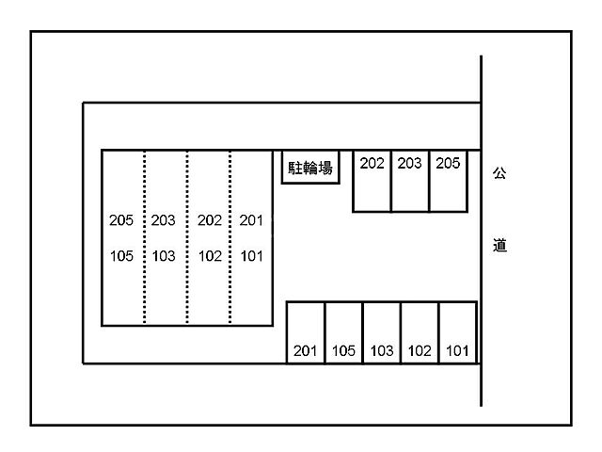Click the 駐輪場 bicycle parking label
click(x=310, y=169)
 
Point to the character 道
click(x=499, y=247)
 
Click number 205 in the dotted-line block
click(x=121, y=221)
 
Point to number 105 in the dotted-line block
click(x=121, y=256)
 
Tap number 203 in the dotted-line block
click(x=164, y=221)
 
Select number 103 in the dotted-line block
click(x=164, y=256)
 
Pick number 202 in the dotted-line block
click(x=209, y=221)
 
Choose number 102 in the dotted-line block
click(x=209, y=256)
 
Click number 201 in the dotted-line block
click(x=251, y=221)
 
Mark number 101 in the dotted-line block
click(x=251, y=256)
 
